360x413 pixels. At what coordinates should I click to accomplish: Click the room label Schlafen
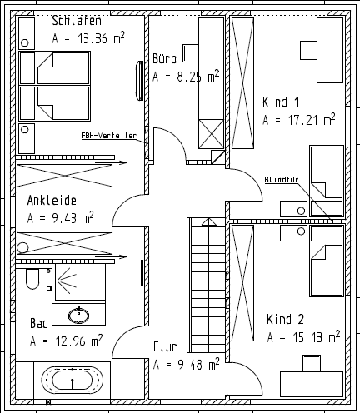(76, 22)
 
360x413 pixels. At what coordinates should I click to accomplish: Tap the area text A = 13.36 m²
(89, 38)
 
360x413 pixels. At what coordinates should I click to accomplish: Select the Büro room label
(164, 59)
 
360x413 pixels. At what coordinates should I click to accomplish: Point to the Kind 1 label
(281, 102)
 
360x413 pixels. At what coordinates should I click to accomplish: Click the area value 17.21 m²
(298, 120)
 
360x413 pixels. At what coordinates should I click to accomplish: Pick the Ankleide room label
(52, 201)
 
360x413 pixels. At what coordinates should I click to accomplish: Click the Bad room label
(39, 323)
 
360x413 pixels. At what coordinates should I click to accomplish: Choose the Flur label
(165, 346)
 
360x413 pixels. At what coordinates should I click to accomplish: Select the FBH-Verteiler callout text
(108, 135)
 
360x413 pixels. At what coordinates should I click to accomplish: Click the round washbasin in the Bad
(82, 314)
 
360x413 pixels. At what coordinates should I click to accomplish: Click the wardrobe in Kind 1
(242, 84)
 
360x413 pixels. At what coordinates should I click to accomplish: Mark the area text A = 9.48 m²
(186, 364)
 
